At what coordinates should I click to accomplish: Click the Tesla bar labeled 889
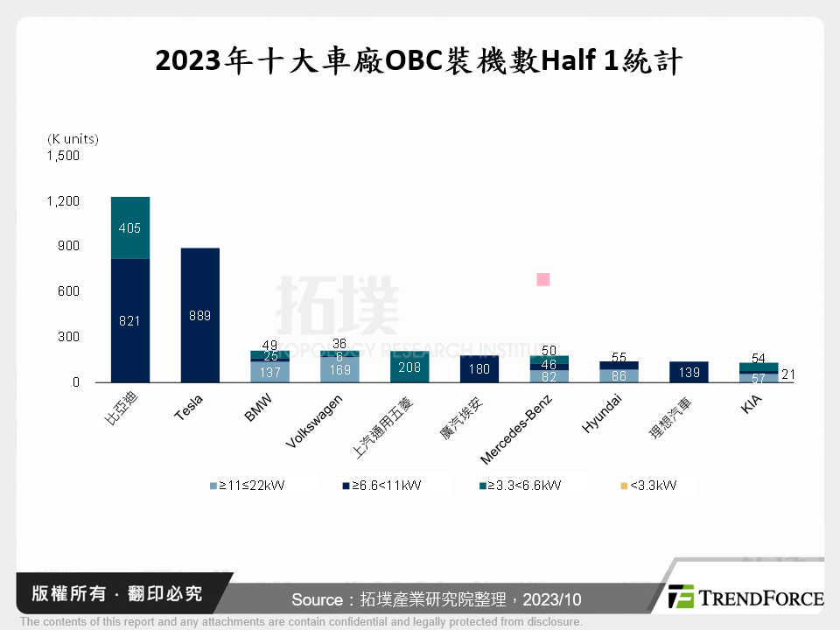click(x=199, y=315)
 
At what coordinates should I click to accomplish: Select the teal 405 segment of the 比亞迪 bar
click(x=130, y=228)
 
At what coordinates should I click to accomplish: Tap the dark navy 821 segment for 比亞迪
click(x=130, y=320)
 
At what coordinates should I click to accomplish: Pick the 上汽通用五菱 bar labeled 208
click(x=409, y=367)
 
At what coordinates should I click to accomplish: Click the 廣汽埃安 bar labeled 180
click(x=479, y=368)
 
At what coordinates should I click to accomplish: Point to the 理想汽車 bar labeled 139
click(x=689, y=372)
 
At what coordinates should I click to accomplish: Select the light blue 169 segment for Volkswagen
click(x=339, y=370)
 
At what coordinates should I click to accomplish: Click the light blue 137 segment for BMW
click(x=269, y=372)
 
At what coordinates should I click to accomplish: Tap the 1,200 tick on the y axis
click(x=62, y=201)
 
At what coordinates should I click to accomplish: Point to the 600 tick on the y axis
click(x=67, y=291)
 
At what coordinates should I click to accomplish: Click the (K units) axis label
click(x=73, y=138)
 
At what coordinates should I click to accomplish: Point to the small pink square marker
click(x=542, y=279)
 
